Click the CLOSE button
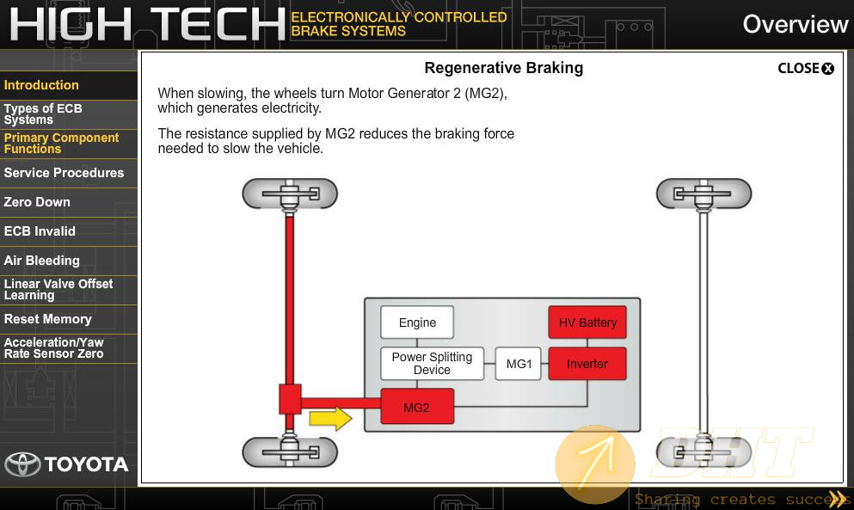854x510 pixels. click(x=806, y=68)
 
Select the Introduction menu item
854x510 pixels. click(x=41, y=85)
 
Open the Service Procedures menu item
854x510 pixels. click(x=64, y=173)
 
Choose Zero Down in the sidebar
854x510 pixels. click(x=37, y=202)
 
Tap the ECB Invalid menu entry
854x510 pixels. click(x=40, y=231)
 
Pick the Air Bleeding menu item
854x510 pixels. click(x=42, y=261)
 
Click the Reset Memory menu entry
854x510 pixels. click(x=48, y=319)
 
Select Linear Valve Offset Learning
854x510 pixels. click(x=58, y=289)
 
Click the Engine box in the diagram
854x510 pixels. click(x=417, y=323)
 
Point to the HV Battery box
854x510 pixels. click(x=587, y=323)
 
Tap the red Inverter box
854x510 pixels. click(x=587, y=364)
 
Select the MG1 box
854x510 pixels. click(x=519, y=364)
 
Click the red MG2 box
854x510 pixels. click(x=416, y=407)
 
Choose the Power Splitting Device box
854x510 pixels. click(x=432, y=364)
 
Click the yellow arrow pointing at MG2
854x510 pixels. click(x=330, y=419)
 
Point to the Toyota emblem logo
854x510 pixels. click(x=23, y=464)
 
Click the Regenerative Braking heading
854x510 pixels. click(x=503, y=68)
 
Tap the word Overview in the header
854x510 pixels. click(x=796, y=25)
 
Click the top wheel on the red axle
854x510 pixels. click(x=290, y=194)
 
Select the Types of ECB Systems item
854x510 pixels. click(x=43, y=114)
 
